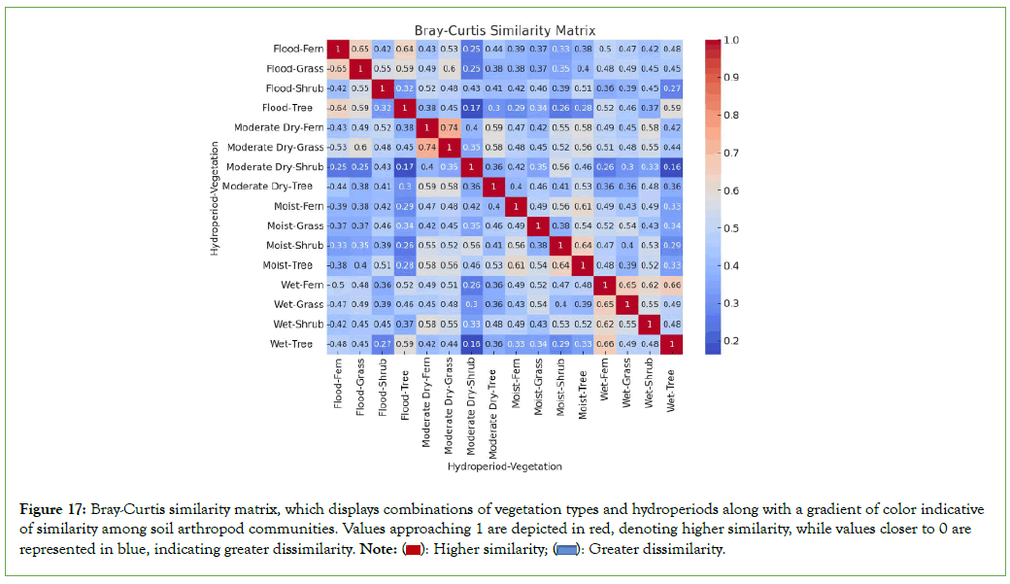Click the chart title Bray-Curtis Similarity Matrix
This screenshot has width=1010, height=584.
(x=504, y=31)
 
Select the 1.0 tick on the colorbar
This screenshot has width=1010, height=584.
(x=731, y=41)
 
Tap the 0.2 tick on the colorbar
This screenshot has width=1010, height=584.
(x=731, y=340)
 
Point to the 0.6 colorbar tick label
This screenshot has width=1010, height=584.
(x=731, y=190)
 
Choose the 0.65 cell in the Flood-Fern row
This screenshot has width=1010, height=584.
(x=359, y=49)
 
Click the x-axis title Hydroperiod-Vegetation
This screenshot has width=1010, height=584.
(x=504, y=467)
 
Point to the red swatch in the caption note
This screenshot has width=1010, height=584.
(x=412, y=550)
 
